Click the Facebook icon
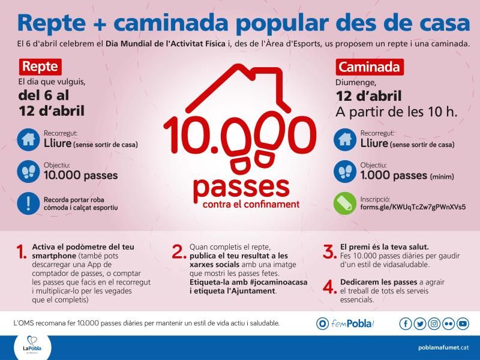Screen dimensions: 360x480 pyautogui.click(x=406, y=323)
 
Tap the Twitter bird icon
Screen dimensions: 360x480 pyautogui.click(x=419, y=323)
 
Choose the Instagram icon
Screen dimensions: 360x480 pyautogui.click(x=434, y=323)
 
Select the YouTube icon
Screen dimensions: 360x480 pyautogui.click(x=462, y=323)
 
